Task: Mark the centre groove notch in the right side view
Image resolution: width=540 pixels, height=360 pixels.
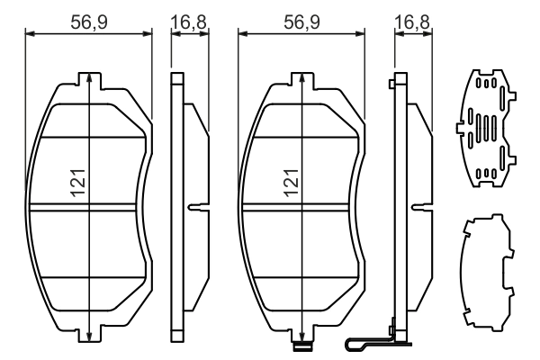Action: click(x=419, y=209)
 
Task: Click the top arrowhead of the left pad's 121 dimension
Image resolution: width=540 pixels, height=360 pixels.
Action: click(x=89, y=78)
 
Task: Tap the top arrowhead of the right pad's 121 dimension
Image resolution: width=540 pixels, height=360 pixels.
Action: click(x=301, y=78)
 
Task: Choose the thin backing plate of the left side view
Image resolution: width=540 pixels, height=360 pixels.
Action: click(x=177, y=207)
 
